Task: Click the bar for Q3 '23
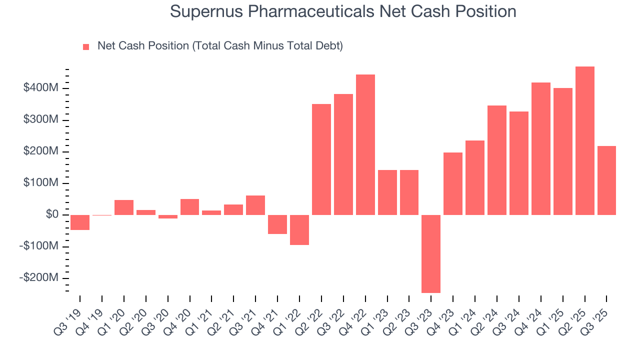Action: coord(431,253)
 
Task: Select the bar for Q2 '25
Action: coord(584,140)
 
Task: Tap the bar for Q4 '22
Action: coord(365,144)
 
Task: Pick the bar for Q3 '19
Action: coord(80,222)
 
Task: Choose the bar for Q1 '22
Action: coord(299,230)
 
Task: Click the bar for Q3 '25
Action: coord(606,180)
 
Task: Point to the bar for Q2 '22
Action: coord(321,159)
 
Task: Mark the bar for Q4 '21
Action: coord(277,224)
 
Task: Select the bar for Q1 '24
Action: coord(475,177)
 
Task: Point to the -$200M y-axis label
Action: coord(39,278)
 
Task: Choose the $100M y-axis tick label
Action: coord(41,183)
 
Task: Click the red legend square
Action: coord(86,47)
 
